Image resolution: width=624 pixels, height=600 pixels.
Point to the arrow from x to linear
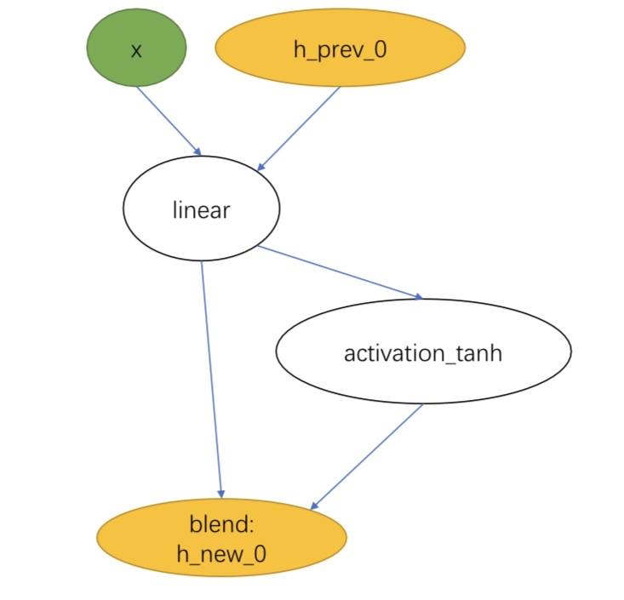(x=169, y=120)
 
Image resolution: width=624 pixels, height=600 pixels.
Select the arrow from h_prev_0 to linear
(x=300, y=128)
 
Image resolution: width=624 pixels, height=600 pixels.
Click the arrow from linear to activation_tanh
(x=341, y=272)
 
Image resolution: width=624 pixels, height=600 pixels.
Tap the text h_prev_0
(x=340, y=49)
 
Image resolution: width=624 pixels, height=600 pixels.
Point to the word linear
(x=201, y=209)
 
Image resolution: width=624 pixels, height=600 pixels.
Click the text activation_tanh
(x=423, y=352)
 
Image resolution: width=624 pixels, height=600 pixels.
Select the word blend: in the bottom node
(x=221, y=521)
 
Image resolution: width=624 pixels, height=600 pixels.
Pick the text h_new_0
(x=221, y=553)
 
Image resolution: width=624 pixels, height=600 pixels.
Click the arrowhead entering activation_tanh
(x=417, y=297)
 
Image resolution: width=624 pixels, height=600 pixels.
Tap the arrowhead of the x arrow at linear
(x=198, y=152)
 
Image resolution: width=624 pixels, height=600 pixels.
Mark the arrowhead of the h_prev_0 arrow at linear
(x=262, y=167)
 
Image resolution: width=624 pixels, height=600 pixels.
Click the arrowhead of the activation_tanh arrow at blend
(x=314, y=506)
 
